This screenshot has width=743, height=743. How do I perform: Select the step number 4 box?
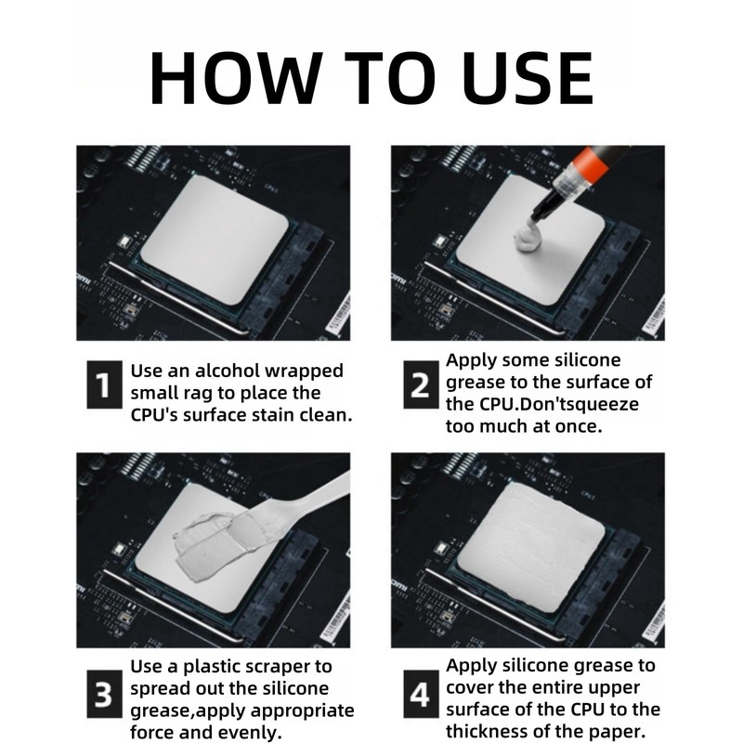click(421, 694)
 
